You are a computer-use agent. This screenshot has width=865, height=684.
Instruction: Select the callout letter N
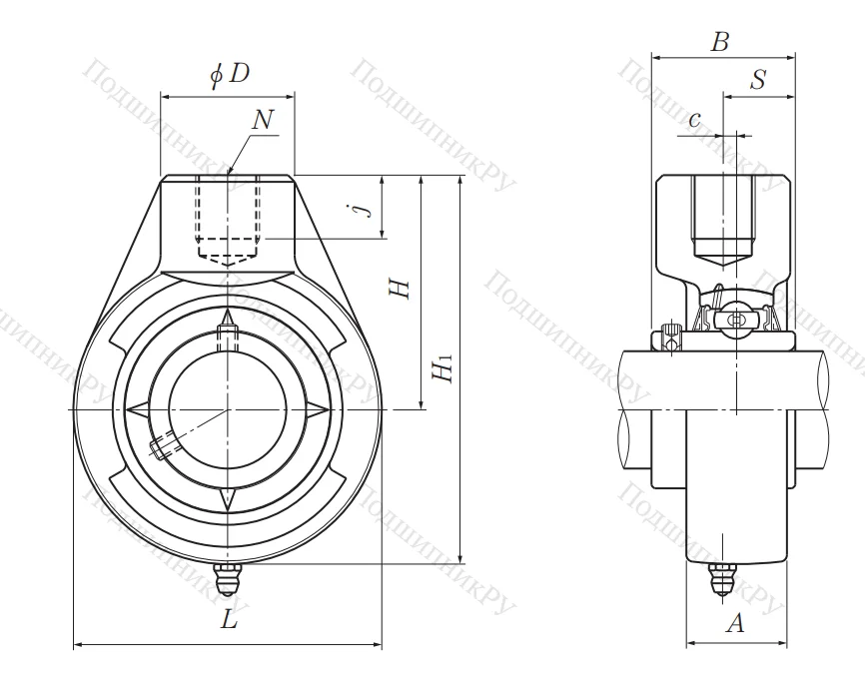coord(264,120)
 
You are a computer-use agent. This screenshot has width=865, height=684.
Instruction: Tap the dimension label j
coord(368,207)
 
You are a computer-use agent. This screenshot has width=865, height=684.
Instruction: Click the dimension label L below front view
coord(230,620)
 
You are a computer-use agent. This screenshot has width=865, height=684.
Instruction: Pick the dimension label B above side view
coord(719,42)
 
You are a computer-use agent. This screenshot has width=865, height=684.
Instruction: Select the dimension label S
coord(758,81)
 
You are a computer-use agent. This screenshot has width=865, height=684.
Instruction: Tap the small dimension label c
coord(695,119)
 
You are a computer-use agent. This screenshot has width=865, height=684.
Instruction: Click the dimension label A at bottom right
coord(734,624)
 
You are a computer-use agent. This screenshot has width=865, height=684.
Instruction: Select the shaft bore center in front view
coord(229,409)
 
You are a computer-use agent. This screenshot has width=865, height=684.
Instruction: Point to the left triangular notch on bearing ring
coord(137,409)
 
